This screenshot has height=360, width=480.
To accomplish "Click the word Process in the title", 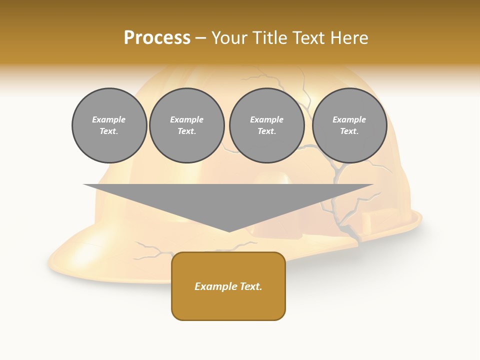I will click(157, 38).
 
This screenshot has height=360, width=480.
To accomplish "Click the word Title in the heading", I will click(269, 38).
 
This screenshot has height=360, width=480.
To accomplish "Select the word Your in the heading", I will click(229, 38).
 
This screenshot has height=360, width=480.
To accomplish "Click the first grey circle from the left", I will click(109, 125).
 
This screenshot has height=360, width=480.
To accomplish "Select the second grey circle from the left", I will click(186, 125).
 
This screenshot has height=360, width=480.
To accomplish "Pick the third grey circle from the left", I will click(266, 125).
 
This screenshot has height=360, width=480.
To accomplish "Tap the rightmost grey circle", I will click(349, 125).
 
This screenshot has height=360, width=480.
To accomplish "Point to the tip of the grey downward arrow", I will click(228, 231).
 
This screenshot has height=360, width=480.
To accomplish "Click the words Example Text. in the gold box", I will click(228, 286).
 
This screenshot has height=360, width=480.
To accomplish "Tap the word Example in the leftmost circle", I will click(109, 119).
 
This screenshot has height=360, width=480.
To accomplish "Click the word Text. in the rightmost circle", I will click(349, 131).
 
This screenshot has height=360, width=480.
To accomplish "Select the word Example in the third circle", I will click(266, 119).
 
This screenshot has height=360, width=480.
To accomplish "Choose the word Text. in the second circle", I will click(186, 131).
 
